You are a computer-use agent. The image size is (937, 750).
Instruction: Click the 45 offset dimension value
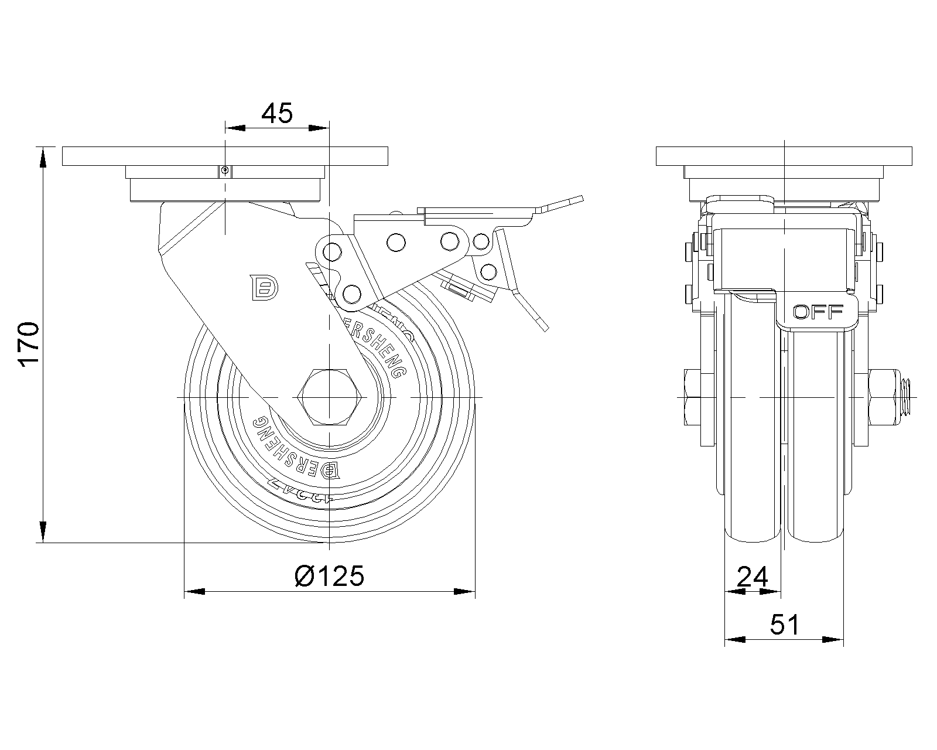[276, 113]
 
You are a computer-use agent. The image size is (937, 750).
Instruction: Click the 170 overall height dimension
[29, 344]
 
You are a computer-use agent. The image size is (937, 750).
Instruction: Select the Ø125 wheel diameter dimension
[330, 576]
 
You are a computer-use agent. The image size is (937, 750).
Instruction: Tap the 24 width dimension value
[753, 578]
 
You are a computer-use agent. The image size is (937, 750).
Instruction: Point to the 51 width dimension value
[784, 625]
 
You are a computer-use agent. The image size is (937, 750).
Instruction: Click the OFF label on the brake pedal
[818, 312]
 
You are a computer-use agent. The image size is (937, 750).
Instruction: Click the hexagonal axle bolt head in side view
[330, 398]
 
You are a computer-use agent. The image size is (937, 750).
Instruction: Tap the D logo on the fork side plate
[265, 287]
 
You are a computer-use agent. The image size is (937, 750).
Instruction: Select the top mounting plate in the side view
[225, 156]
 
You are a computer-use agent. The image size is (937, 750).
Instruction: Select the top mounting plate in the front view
[784, 156]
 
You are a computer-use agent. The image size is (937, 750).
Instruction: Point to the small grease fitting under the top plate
[225, 171]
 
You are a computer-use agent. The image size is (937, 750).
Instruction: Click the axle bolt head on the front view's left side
[690, 398]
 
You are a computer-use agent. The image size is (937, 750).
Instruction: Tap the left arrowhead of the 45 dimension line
[234, 127]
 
